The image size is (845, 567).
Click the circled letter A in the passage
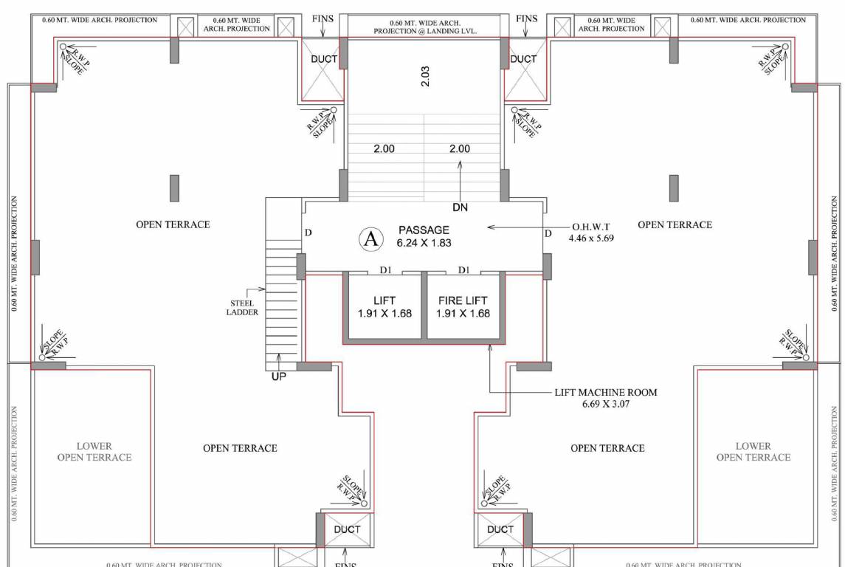pyautogui.click(x=371, y=237)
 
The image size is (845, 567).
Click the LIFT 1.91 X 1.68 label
pyautogui.click(x=384, y=306)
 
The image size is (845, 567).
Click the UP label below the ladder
pyautogui.click(x=278, y=377)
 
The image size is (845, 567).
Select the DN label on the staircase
pyautogui.click(x=461, y=207)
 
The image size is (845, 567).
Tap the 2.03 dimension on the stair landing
pyautogui.click(x=424, y=75)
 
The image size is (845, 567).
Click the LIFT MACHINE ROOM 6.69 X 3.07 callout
pyautogui.click(x=605, y=399)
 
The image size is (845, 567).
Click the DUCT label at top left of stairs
pyautogui.click(x=323, y=59)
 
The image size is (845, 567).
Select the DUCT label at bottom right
pyautogui.click(x=500, y=529)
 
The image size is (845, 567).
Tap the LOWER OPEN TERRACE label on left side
pyautogui.click(x=94, y=452)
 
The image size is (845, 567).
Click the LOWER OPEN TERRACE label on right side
pyautogui.click(x=753, y=452)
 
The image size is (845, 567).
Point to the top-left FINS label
pyautogui.click(x=323, y=18)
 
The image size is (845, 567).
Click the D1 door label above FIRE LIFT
pyautogui.click(x=463, y=270)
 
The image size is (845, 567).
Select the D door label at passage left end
pyautogui.click(x=308, y=233)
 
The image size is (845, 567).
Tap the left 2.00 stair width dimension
pyautogui.click(x=384, y=149)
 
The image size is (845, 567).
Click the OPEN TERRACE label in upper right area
pyautogui.click(x=675, y=224)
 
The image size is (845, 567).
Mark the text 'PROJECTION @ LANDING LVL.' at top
pyautogui.click(x=425, y=32)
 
